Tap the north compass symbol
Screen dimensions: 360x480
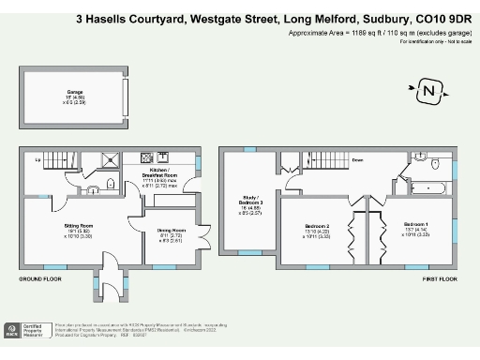[427, 91]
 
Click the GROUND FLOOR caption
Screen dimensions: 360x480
[40, 278]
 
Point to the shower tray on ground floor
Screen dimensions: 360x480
[115, 159]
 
